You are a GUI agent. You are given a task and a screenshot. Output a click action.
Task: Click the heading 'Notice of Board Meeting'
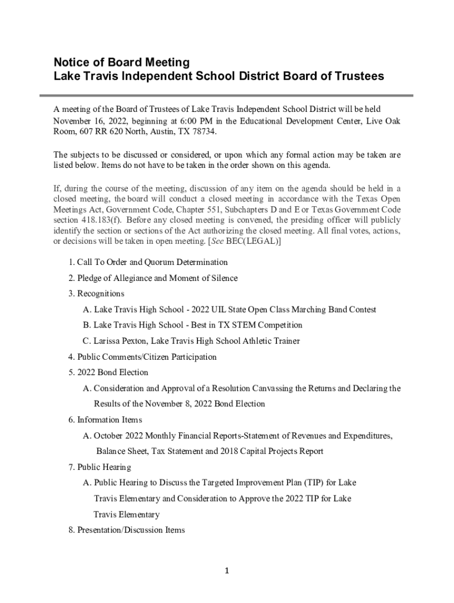click(x=121, y=62)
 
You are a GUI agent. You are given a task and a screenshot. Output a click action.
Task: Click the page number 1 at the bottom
click(x=227, y=571)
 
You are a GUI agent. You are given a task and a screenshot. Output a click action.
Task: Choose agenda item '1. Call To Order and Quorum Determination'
click(x=148, y=262)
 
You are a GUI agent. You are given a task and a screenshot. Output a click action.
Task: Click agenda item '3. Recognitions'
click(x=96, y=293)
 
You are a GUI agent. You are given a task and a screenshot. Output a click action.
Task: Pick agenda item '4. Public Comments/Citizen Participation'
click(x=142, y=357)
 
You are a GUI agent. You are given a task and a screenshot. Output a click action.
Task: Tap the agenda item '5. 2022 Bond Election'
click(x=108, y=372)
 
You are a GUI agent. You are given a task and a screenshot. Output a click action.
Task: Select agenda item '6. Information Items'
click(x=105, y=420)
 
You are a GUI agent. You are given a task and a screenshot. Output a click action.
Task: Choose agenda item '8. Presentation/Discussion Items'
click(x=126, y=530)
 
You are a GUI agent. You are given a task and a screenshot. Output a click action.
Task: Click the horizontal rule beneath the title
click(x=227, y=95)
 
